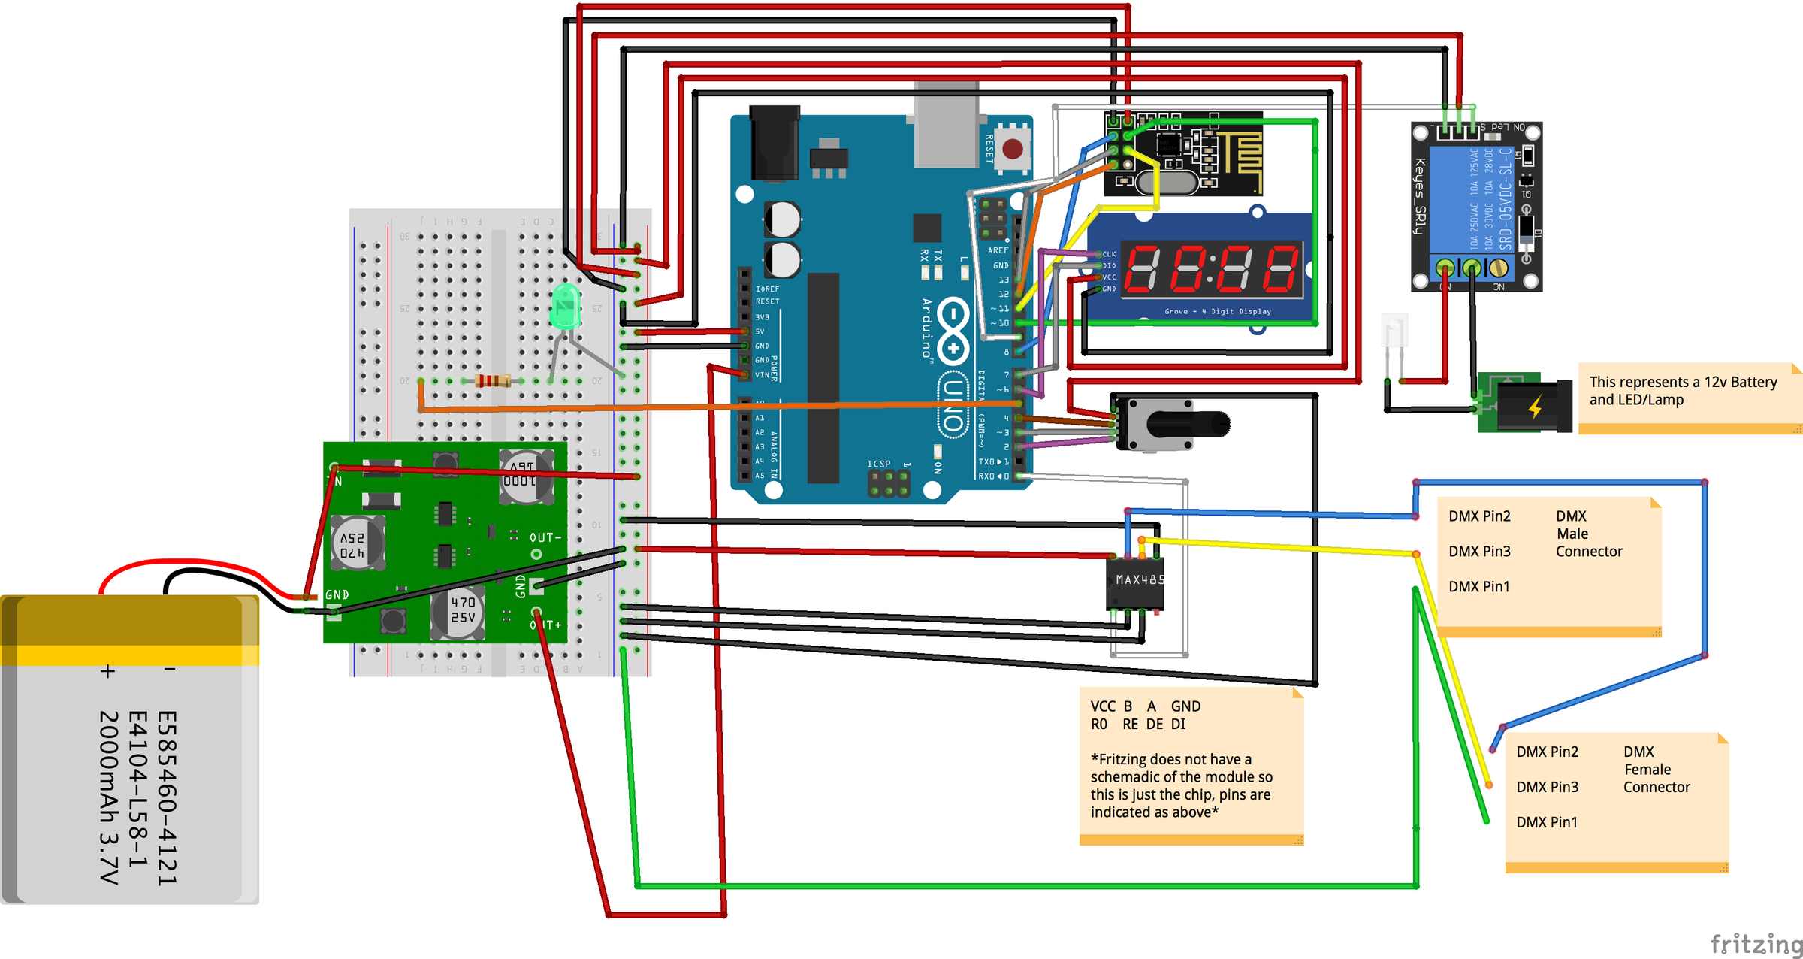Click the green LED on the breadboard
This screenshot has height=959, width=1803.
[565, 307]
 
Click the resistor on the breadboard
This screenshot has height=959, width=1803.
[492, 381]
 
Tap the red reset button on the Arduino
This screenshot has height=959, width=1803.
[1012, 148]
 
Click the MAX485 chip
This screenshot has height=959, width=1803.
[1136, 583]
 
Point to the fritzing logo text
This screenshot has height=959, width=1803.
[1755, 943]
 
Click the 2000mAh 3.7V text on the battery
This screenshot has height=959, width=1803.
[110, 797]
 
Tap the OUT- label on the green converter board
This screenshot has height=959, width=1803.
[545, 537]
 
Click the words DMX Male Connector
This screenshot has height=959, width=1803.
[1587, 534]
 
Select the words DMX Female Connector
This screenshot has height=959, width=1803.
[1655, 769]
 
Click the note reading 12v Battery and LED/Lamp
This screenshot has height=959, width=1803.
[1682, 391]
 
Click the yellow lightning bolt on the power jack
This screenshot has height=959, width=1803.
[1535, 407]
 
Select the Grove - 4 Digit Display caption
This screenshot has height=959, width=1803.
[1217, 311]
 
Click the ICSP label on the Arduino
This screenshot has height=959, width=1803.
[878, 464]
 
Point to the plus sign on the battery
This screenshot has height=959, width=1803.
[108, 671]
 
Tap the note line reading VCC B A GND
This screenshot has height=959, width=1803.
[1145, 706]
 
